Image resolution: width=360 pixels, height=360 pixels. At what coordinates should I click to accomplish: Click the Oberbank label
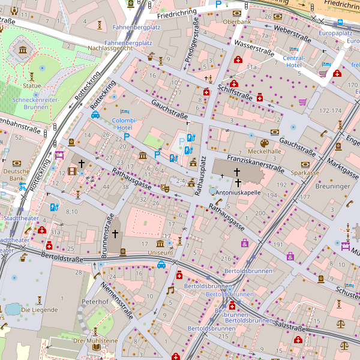[x=236, y=22]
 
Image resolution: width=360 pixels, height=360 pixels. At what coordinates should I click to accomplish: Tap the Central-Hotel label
[x=293, y=61]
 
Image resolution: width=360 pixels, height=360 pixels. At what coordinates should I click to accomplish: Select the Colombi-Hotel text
[x=125, y=124]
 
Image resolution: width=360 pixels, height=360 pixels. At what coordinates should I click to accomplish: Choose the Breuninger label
[x=332, y=187]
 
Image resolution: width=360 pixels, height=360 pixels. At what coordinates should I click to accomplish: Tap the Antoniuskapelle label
[x=238, y=193]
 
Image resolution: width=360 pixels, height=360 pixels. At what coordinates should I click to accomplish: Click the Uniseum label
[x=160, y=253]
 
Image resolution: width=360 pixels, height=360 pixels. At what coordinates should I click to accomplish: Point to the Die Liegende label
[x=40, y=310]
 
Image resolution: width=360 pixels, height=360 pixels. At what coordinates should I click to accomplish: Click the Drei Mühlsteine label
[x=95, y=341]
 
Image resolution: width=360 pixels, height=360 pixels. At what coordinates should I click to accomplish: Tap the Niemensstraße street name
[x=116, y=298]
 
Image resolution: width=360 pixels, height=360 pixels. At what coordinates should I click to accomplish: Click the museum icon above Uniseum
[x=160, y=243]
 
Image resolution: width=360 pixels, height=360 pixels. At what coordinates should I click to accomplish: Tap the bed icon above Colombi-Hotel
[x=125, y=112]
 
